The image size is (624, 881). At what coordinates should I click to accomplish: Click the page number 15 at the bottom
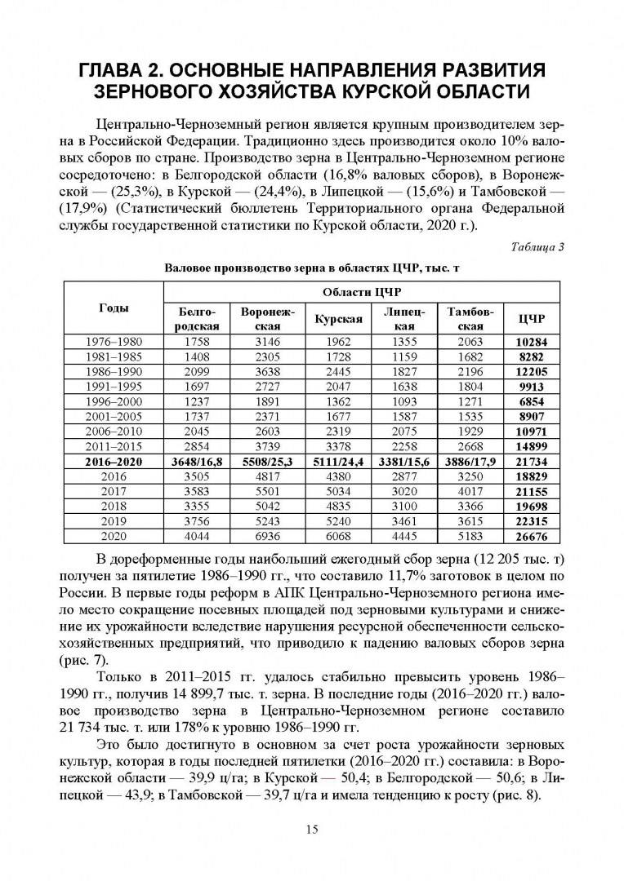tap(312, 830)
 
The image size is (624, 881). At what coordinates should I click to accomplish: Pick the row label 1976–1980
tap(114, 342)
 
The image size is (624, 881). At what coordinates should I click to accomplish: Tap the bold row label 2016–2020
tap(114, 461)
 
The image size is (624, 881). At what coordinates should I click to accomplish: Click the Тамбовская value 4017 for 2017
tap(470, 491)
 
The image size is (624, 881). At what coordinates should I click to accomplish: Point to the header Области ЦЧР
tap(362, 292)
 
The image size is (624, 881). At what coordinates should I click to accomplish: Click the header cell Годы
tap(114, 307)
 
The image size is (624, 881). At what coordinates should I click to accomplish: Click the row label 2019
tap(114, 521)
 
